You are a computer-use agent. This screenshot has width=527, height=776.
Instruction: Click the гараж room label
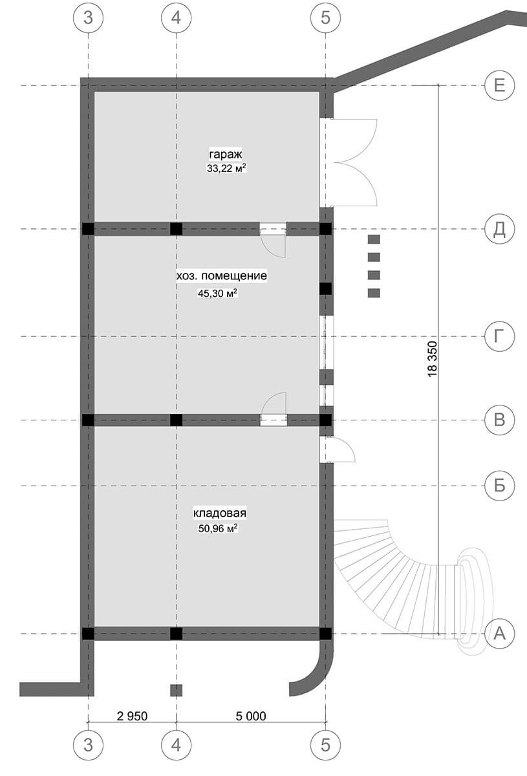225,155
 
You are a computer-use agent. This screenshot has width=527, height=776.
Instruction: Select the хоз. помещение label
221,276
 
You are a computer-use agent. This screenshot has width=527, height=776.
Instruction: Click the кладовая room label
220,513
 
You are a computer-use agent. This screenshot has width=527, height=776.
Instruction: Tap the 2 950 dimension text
133,716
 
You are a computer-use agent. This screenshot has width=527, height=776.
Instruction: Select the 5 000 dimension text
251,716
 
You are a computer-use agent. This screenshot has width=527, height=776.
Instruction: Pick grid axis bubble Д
499,229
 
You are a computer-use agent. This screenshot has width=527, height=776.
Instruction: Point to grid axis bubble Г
499,336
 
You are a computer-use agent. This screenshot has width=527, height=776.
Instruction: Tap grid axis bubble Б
499,486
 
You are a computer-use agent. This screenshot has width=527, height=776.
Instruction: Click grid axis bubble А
499,634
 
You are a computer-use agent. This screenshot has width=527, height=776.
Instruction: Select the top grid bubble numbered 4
176,18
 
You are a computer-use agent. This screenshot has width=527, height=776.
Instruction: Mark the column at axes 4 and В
176,420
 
